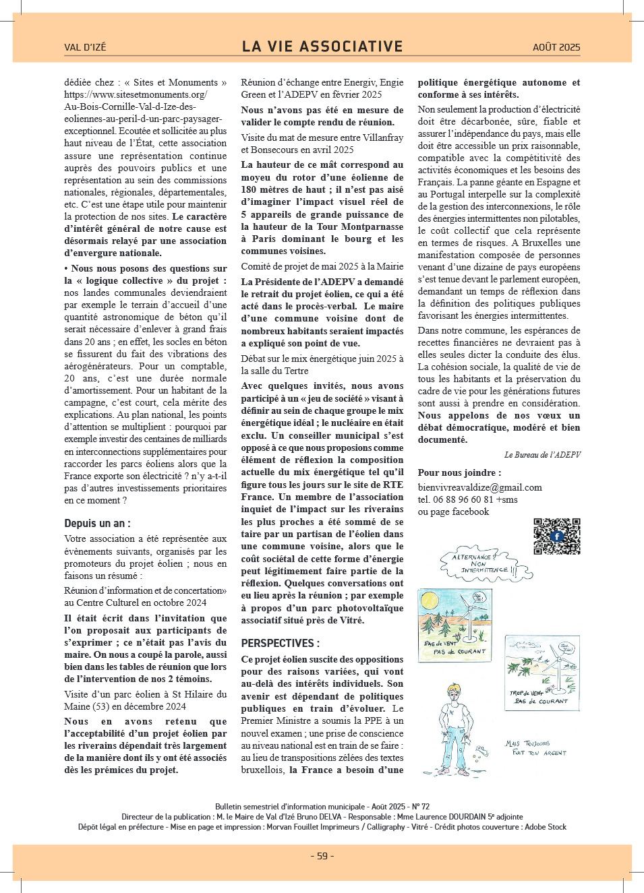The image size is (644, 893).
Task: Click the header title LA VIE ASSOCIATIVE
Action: [x=322, y=47]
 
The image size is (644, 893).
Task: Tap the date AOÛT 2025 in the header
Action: [x=556, y=47]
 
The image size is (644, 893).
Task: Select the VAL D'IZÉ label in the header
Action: [x=85, y=47]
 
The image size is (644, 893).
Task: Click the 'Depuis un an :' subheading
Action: [x=97, y=523]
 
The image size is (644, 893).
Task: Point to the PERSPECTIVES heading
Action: [x=280, y=643]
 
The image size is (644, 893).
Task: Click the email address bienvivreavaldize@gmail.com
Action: [x=479, y=487]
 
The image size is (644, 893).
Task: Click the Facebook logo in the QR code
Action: [x=557, y=536]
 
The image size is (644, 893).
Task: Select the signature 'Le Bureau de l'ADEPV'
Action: [x=542, y=455]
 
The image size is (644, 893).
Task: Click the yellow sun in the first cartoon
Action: [x=429, y=600]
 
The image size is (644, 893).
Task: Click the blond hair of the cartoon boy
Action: [x=456, y=692]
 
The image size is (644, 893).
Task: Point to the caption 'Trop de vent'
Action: [x=527, y=693]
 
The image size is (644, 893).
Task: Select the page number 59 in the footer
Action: [x=322, y=856]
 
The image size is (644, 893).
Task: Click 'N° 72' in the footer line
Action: [x=420, y=806]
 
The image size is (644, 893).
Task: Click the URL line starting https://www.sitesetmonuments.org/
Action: [x=136, y=94]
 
